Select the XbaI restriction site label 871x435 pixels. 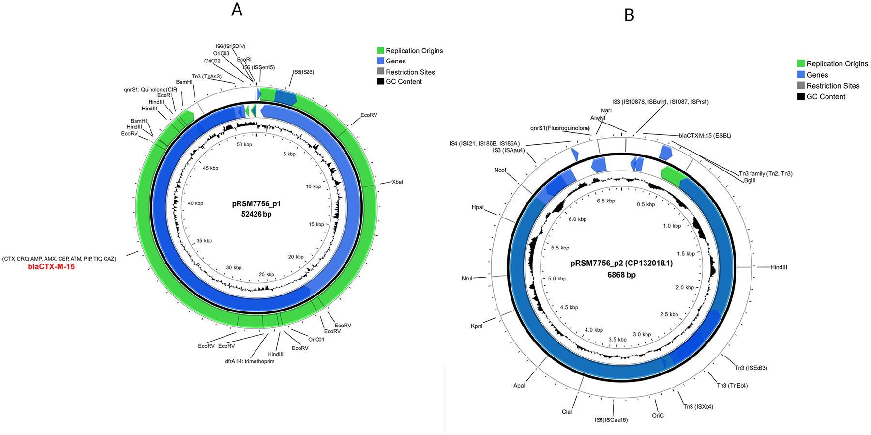395,182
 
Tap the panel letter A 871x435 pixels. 237,9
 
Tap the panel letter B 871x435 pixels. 629,16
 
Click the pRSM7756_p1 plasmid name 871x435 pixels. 256,204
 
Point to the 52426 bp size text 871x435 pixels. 256,214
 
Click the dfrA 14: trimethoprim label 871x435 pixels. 246,361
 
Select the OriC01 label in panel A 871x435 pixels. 316,339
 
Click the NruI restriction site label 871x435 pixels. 467,278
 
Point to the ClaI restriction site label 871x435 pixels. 567,412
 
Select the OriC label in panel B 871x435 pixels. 658,415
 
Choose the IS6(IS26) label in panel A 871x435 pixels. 303,72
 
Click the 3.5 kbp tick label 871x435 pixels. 617,339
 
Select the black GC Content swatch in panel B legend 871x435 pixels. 800,96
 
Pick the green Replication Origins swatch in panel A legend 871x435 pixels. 381,50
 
